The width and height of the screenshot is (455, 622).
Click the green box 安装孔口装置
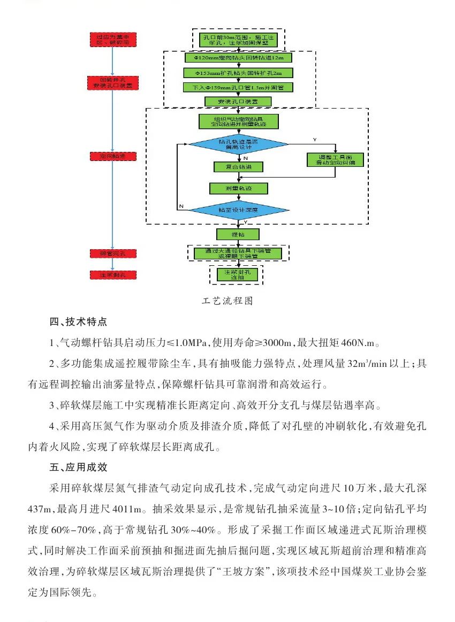[x=238, y=101]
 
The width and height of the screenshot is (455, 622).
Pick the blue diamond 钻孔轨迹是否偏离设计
[x=238, y=143]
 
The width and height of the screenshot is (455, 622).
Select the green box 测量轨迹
[x=238, y=188]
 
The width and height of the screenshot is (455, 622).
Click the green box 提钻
[x=238, y=234]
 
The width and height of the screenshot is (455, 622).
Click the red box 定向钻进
[x=112, y=156]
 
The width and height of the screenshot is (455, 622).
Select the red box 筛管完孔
[x=112, y=253]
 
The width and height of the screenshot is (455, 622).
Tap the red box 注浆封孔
[x=112, y=274]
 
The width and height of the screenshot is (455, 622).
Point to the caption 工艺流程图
[x=227, y=301]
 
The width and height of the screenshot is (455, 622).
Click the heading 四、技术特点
[x=78, y=322]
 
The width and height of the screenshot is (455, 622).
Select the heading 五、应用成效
[x=78, y=467]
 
